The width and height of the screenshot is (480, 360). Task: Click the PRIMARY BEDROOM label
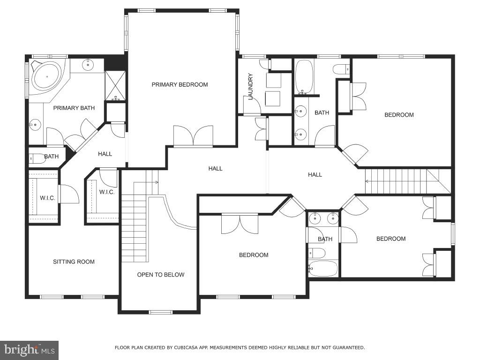[180, 85]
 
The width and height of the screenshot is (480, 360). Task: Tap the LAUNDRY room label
[250, 86]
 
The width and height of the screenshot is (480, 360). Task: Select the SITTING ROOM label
[74, 262]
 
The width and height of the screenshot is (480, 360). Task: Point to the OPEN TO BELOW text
[161, 275]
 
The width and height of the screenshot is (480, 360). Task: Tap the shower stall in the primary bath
[115, 85]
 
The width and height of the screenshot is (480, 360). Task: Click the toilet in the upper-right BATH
[341, 69]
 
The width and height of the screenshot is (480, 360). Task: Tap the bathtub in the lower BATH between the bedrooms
[323, 269]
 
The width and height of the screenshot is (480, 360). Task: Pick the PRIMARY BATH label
[74, 108]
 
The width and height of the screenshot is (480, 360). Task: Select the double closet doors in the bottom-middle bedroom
[240, 224]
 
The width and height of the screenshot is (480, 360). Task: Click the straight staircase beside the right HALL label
[396, 181]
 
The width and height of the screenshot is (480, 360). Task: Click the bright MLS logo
[29, 350]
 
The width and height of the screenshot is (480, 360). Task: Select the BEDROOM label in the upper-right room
[399, 115]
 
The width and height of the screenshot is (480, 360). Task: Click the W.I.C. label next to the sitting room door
[47, 198]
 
